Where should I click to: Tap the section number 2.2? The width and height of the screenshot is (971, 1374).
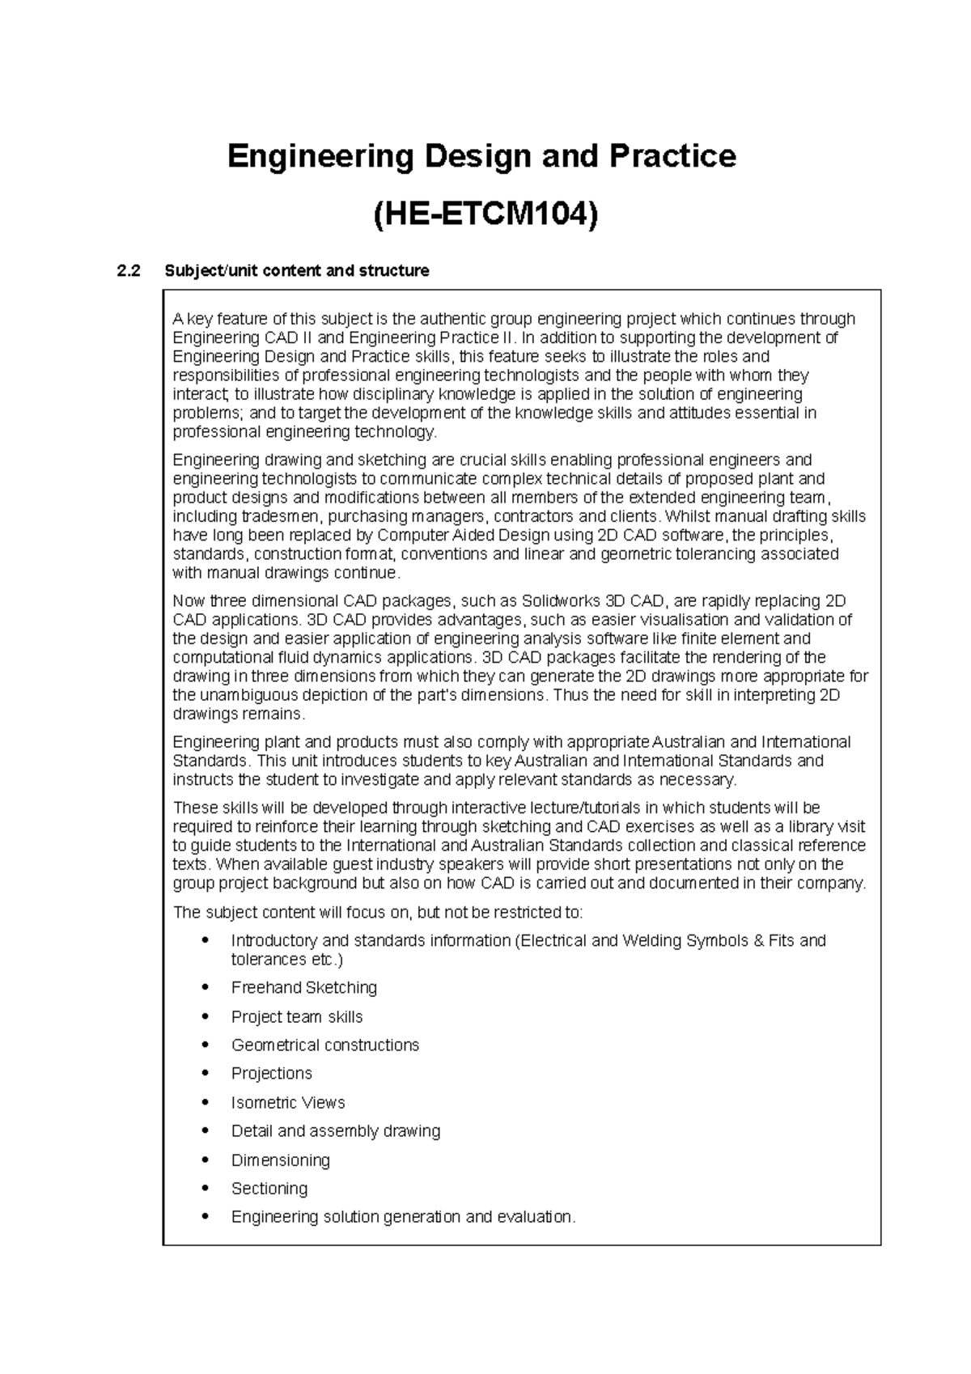coord(128,271)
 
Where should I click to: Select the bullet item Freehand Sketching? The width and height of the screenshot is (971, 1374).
coord(303,987)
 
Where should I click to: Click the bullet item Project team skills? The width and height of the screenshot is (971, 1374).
coord(296,1016)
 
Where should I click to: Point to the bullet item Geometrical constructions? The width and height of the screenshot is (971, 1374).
coord(324,1045)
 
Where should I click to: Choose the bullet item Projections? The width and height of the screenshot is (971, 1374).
coord(271,1073)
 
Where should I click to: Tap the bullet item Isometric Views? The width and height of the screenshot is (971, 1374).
coord(287,1102)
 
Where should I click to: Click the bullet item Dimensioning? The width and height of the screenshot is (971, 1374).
coord(280,1160)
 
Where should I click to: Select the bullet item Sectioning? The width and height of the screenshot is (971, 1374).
coord(269,1188)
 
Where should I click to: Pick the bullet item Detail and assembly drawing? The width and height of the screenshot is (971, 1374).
coord(335,1130)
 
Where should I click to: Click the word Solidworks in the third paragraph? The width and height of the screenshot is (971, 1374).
coord(557,601)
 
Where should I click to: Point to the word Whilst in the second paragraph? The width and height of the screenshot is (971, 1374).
coord(685,516)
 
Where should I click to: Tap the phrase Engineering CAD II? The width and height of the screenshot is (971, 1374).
coord(248,337)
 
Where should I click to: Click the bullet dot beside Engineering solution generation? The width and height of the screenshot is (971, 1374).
coord(208,1216)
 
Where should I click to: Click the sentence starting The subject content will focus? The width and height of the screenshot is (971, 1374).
coord(378,913)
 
